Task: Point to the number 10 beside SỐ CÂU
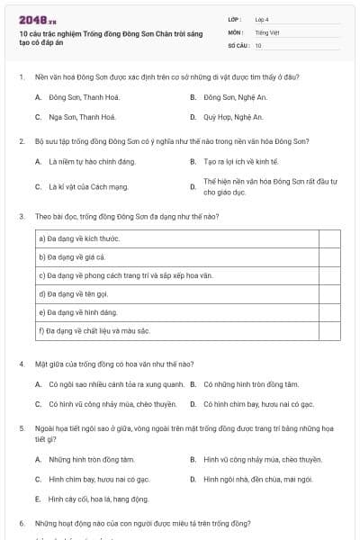pyautogui.click(x=258, y=45)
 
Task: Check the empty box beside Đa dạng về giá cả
pyautogui.click(x=329, y=257)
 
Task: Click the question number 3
pyautogui.click(x=21, y=217)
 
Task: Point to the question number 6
pyautogui.click(x=21, y=523)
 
